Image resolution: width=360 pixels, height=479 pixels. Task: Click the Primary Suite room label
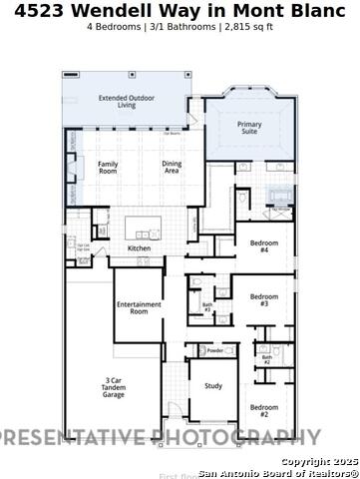[x=250, y=128]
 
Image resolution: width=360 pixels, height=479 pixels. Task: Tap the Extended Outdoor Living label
[x=125, y=101]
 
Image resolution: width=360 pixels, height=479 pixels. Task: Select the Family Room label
[x=107, y=167]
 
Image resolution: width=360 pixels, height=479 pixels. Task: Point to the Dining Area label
[x=176, y=167]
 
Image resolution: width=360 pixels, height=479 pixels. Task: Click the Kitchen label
[x=139, y=248]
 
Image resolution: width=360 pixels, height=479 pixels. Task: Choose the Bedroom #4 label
[x=264, y=246]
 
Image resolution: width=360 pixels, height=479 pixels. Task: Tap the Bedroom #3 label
[x=264, y=299]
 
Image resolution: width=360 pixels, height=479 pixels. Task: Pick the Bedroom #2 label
[x=264, y=409]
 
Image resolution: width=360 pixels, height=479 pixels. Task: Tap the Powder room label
[x=214, y=351]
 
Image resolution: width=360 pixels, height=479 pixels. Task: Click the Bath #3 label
[x=207, y=307]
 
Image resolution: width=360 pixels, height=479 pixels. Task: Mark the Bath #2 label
[x=266, y=359]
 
